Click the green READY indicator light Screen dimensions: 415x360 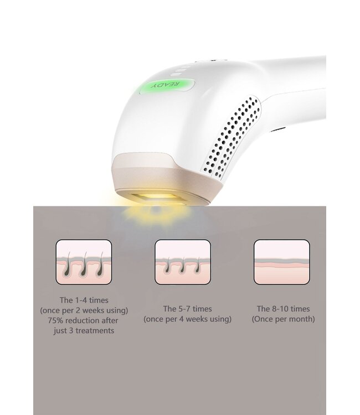(167, 85)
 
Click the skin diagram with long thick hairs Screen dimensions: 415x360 (84, 262)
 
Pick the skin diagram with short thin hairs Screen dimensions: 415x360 (182, 262)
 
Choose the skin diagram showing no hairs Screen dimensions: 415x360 (281, 262)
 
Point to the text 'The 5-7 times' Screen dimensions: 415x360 (187, 309)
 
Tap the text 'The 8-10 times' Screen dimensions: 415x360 (283, 309)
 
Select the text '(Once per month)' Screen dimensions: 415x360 (283, 320)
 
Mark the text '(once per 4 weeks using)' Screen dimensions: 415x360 (187, 320)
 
